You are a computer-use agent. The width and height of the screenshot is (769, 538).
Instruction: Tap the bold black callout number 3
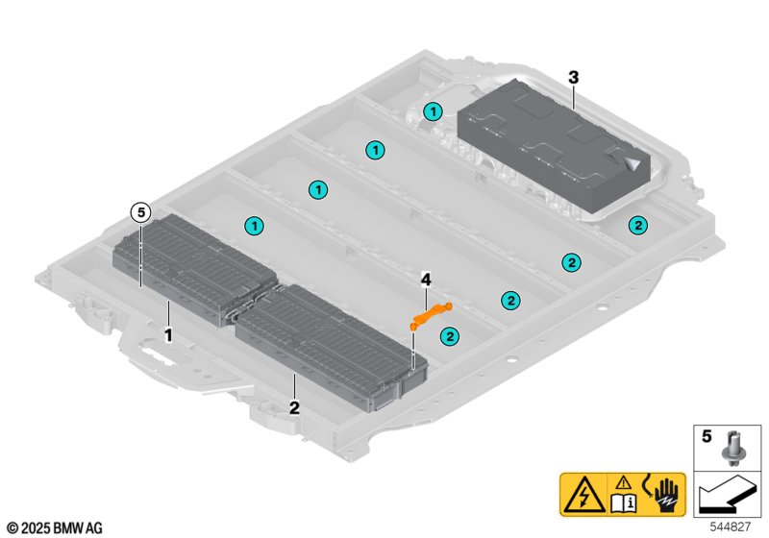tap(574, 75)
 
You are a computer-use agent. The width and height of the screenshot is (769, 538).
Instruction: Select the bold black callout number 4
tap(425, 280)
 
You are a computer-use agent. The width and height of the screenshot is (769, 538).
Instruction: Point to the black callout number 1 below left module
tap(168, 336)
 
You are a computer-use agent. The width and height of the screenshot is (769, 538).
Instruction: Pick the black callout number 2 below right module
tap(294, 406)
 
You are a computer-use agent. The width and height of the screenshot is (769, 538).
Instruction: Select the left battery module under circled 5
tap(192, 264)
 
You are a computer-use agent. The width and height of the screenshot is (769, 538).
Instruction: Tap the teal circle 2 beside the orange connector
tap(448, 335)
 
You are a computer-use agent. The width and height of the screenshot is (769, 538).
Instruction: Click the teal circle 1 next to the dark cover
tap(434, 111)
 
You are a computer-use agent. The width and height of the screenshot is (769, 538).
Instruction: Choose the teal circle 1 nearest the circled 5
tap(254, 226)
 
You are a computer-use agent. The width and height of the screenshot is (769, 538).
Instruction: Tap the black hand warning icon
tap(664, 493)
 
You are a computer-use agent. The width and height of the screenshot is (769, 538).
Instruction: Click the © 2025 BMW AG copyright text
tap(55, 527)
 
